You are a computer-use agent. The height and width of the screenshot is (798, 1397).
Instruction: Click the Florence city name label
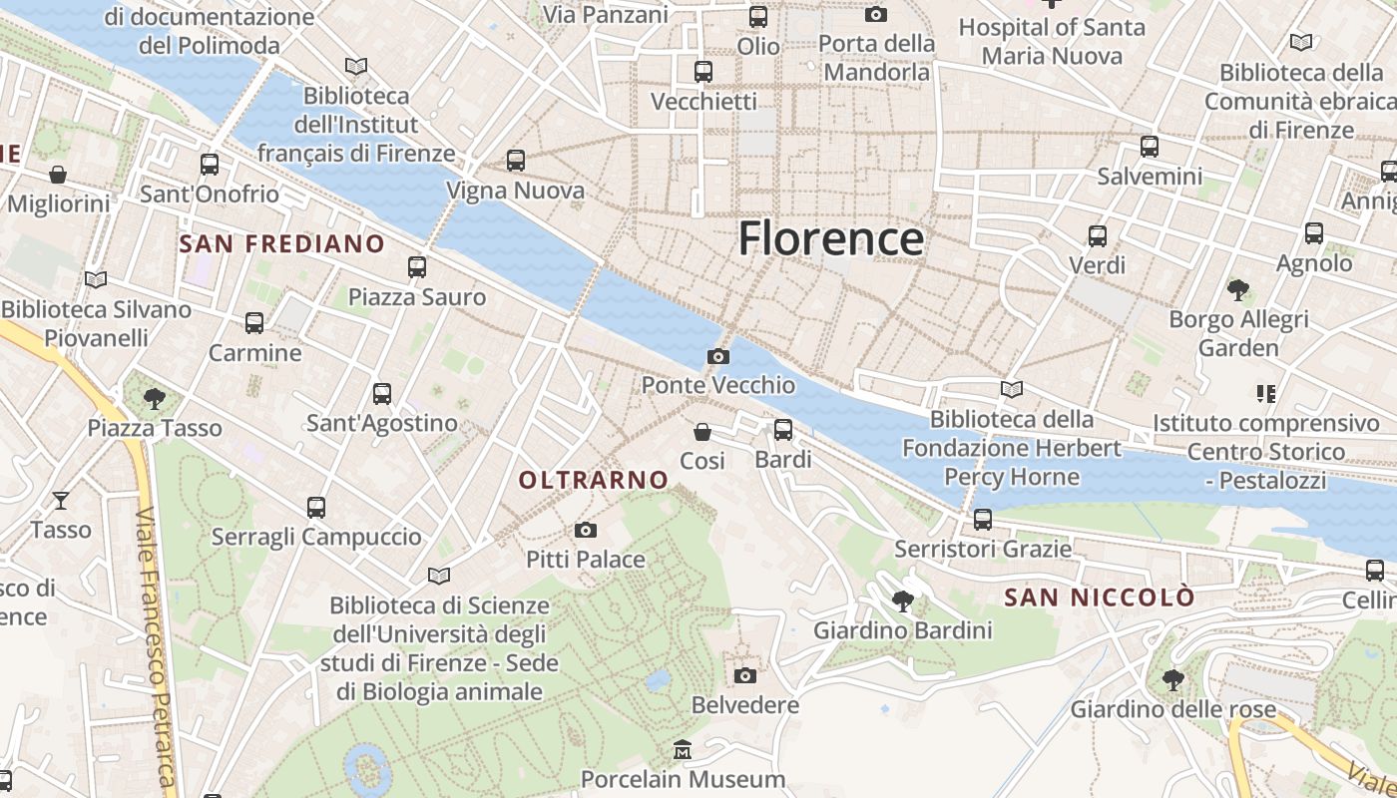830,239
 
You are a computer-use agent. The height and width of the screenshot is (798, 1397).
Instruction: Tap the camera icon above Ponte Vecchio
717,356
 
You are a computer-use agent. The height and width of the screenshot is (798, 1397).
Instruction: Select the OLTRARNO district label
594,480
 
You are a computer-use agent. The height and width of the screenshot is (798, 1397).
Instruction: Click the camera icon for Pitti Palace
586,530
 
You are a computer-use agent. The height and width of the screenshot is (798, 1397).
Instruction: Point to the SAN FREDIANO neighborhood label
281,243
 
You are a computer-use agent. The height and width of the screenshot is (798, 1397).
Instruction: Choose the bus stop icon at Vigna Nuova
516,160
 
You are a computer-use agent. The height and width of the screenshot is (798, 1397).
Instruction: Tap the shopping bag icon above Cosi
702,432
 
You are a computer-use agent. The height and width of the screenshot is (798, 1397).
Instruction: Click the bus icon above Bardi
783,430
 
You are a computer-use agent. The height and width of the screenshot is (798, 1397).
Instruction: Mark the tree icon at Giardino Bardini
903,600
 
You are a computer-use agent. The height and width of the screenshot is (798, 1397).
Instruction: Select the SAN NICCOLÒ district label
1099,598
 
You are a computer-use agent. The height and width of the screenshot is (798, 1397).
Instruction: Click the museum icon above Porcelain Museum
683,749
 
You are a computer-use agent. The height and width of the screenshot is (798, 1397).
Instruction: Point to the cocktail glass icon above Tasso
61,500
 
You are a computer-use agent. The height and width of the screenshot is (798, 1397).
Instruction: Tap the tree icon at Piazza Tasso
154,399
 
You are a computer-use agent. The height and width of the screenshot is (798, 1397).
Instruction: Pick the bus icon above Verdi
1098,236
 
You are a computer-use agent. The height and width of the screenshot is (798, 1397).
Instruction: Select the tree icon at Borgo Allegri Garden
1238,290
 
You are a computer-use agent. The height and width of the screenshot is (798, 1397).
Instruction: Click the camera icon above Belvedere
745,675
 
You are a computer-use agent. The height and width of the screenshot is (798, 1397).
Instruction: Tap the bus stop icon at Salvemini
1150,147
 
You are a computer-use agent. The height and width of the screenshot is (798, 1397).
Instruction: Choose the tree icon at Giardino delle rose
1173,680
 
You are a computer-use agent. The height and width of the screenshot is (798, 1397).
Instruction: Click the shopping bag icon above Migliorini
58,175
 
